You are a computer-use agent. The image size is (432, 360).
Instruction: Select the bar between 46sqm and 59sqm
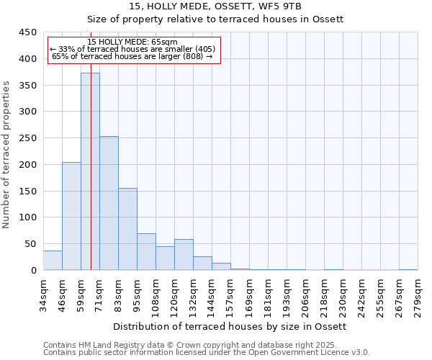point(71,216)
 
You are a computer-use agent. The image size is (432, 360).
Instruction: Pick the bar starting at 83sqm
point(127,229)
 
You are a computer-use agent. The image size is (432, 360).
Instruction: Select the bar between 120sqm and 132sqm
point(184,255)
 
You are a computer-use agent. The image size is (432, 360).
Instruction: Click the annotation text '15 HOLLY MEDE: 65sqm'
point(132,42)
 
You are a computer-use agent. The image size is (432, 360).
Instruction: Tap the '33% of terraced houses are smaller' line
point(132,49)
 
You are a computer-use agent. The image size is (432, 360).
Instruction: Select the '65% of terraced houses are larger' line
point(132,56)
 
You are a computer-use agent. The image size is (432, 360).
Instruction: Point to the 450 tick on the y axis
point(28,32)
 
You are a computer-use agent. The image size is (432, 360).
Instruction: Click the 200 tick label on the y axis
point(28,165)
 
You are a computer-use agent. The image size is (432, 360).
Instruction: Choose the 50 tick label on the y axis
point(31,244)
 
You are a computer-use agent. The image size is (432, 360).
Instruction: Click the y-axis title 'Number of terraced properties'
point(6,155)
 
